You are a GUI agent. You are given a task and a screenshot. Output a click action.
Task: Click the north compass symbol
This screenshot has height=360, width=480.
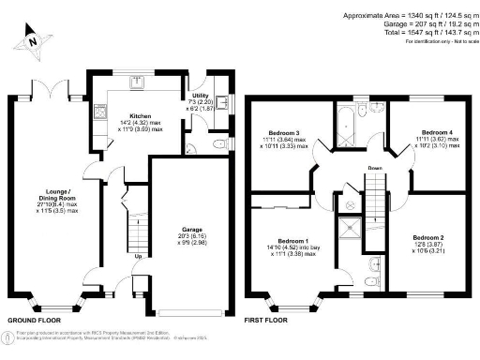pos(32,40)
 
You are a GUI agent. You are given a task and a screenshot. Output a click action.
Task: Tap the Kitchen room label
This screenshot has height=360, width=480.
pos(127,116)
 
